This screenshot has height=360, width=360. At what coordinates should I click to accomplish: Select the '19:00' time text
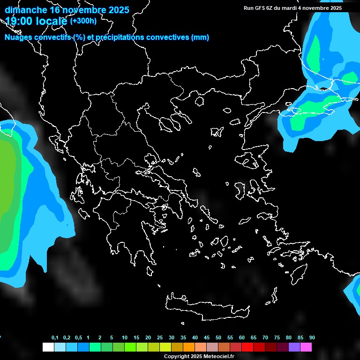click(x=19, y=21)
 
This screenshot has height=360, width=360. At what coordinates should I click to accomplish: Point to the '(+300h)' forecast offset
click(x=83, y=21)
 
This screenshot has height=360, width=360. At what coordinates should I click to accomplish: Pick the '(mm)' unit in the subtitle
click(x=200, y=37)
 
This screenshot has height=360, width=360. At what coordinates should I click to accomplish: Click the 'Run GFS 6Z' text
click(x=258, y=8)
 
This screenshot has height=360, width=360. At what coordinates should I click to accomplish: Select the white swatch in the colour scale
click(x=48, y=347)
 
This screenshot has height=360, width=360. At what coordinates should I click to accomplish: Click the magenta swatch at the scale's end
click(x=306, y=347)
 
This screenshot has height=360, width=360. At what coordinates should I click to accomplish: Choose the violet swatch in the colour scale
click(x=294, y=347)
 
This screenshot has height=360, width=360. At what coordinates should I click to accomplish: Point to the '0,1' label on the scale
click(x=55, y=338)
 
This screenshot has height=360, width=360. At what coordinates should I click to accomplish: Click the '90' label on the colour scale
click(x=312, y=338)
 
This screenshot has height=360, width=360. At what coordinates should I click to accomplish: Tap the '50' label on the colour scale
click(x=218, y=338)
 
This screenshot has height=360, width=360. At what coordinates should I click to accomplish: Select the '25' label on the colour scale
click(x=160, y=338)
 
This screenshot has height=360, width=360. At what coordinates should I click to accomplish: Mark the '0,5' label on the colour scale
click(x=78, y=338)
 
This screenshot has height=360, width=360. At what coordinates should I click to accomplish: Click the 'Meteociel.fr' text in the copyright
click(x=219, y=357)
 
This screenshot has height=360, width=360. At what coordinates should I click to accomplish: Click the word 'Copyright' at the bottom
click(x=176, y=357)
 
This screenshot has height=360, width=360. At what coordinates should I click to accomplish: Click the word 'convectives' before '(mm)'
click(x=168, y=37)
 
